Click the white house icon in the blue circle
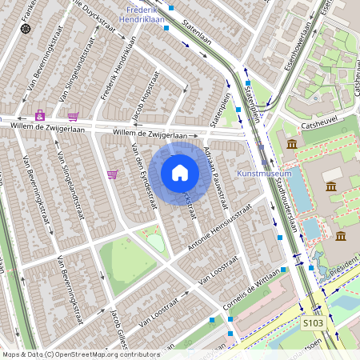pos(180,173)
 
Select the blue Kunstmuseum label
pos(264,173)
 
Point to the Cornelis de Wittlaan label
pos(251,293)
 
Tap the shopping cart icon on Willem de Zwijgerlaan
pos(73,116)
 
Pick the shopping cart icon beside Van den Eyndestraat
pos(112,174)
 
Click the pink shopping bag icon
pos(39,115)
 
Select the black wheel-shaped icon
pos(26,29)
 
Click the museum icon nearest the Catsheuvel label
pos(291,143)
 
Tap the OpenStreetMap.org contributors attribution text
pos(104,354)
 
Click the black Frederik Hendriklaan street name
pos(113,74)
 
